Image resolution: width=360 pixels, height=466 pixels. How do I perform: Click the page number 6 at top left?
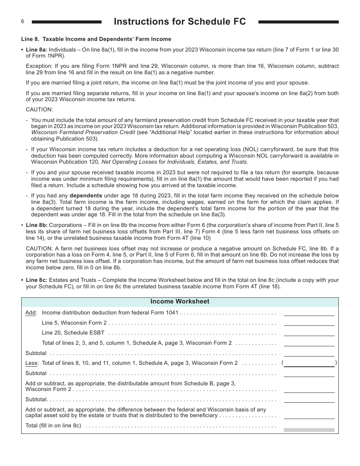tap(22, 22)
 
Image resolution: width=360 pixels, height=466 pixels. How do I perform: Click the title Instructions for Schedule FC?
tap(180, 22)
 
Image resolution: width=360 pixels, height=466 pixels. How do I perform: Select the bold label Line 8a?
tap(36, 50)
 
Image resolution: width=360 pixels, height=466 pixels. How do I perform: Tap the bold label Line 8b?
tap(36, 225)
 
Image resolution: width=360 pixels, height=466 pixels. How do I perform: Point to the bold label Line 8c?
tap(36, 280)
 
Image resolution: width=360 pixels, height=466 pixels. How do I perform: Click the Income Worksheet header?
tap(180, 302)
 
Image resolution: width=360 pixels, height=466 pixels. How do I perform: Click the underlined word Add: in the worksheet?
tap(31, 313)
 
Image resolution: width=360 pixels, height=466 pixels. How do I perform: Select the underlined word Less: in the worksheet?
tap(32, 363)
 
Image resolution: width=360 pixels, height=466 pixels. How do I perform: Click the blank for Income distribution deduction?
tap(309, 313)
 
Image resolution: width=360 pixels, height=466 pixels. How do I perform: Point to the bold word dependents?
tap(86, 196)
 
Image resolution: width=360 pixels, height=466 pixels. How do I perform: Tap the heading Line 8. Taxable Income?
tap(96, 39)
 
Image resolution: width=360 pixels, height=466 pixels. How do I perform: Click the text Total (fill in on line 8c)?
tap(53, 425)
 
